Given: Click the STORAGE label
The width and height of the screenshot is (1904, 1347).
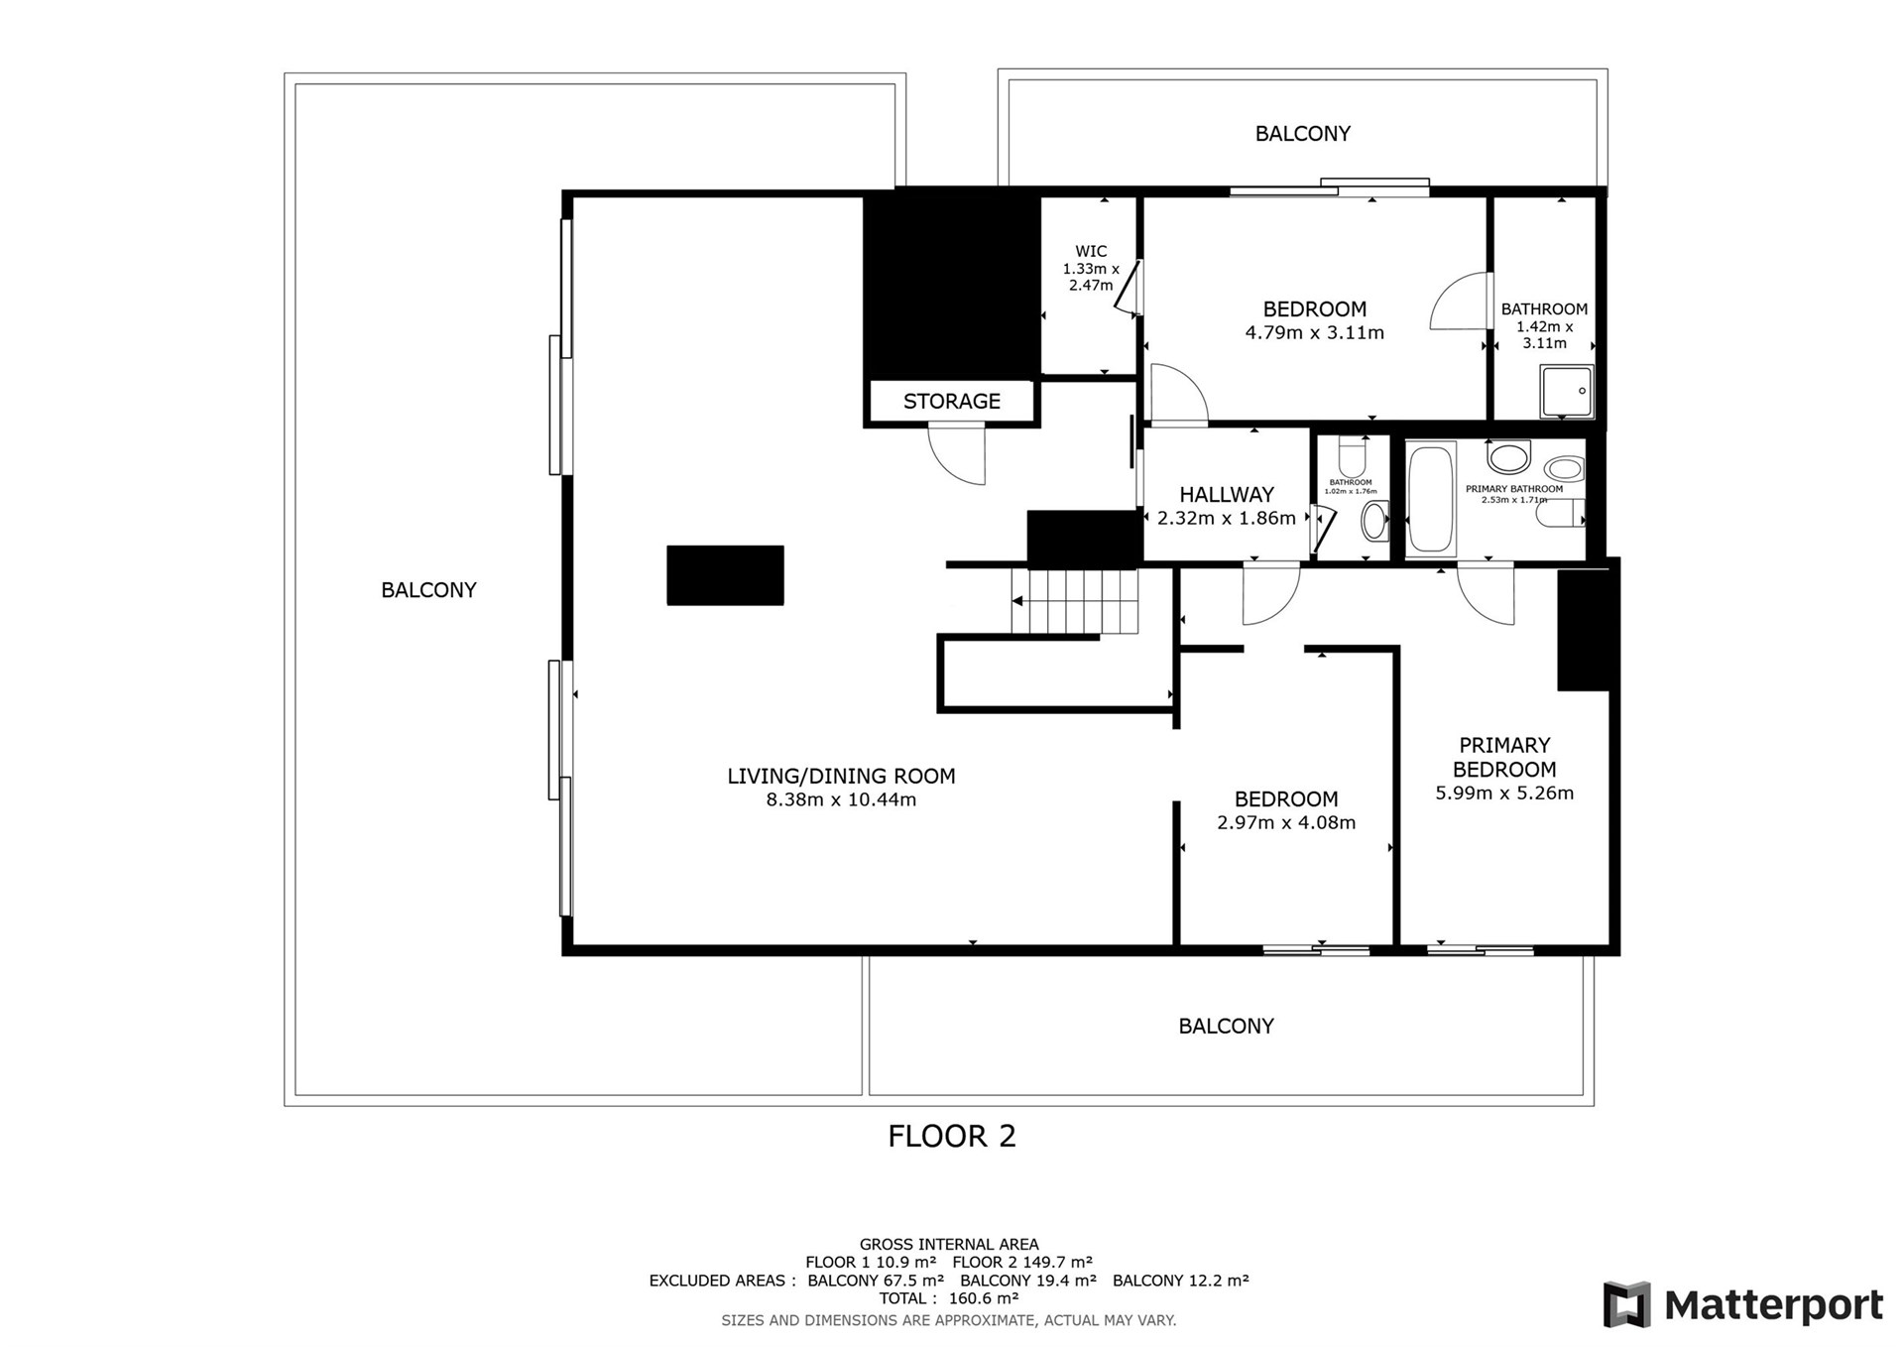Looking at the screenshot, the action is point(951,402).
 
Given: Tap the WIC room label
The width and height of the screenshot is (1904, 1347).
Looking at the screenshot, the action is point(1091,252).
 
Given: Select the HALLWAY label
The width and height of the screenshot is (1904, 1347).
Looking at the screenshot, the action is point(1227,495).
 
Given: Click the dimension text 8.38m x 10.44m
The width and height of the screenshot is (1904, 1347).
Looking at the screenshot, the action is point(841,799).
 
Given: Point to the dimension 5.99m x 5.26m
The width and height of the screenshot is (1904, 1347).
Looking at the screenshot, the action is point(1504,793).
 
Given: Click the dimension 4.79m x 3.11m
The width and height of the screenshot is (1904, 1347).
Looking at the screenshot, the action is point(1314,332).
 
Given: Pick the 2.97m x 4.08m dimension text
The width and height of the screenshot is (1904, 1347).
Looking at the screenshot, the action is point(1286,822).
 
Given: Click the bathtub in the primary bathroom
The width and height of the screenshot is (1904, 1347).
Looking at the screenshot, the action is point(1431,498).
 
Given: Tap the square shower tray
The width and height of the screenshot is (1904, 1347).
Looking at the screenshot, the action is point(1567,392).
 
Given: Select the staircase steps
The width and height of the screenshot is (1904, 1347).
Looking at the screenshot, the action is point(1074,601).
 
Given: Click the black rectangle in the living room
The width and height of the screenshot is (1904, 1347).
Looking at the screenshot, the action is point(725,575).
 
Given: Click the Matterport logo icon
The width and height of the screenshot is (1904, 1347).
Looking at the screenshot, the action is point(1627,1304).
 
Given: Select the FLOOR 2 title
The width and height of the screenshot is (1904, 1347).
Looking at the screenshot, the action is point(952,1137).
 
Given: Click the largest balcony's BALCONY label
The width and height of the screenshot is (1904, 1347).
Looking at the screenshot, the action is point(428,590).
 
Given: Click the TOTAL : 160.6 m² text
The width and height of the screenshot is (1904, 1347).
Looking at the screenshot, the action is point(949,1298).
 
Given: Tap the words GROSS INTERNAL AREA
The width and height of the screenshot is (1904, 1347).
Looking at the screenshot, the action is point(949,1245).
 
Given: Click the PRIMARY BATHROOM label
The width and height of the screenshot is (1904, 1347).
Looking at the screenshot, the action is point(1514,489).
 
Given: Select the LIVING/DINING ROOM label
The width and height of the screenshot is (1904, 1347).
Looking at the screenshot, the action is point(841,777).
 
